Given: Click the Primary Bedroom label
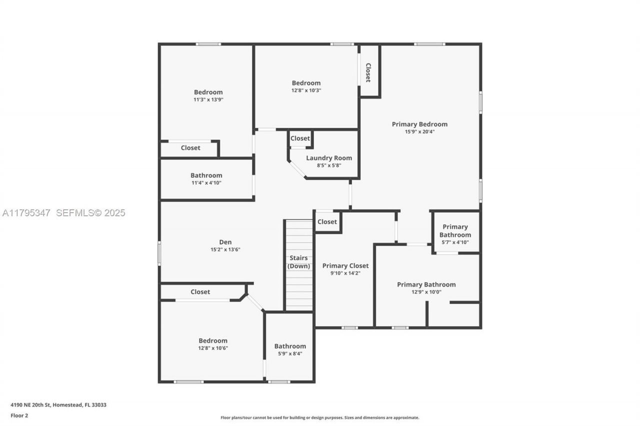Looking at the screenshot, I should tap(419, 124).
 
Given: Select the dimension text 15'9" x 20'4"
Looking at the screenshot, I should tap(419, 132).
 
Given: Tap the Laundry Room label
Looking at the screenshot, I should tap(328, 158).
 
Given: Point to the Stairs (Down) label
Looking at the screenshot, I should tap(298, 262).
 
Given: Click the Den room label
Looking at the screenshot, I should tap(225, 242).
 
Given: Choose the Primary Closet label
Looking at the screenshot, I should tap(345, 266).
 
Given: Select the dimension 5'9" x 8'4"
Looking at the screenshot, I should tap(289, 354).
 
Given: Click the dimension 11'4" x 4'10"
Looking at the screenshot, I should tap(206, 183).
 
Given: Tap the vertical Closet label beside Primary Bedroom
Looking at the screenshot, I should tap(368, 72).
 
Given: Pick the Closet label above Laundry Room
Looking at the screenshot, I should tap(300, 138).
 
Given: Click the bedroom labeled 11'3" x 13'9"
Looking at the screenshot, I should tap(208, 92).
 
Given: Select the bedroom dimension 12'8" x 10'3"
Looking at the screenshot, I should tap(306, 90).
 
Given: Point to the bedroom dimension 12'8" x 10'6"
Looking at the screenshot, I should tap(212, 348).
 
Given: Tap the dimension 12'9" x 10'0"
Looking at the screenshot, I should tap(426, 292).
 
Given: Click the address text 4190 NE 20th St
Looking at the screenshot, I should tap(58, 405).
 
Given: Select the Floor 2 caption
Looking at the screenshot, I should tap(19, 415).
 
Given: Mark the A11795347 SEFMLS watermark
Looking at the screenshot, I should tap(63, 213).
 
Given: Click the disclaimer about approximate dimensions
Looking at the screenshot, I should tap(319, 418).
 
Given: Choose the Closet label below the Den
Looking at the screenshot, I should tap(200, 292).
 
